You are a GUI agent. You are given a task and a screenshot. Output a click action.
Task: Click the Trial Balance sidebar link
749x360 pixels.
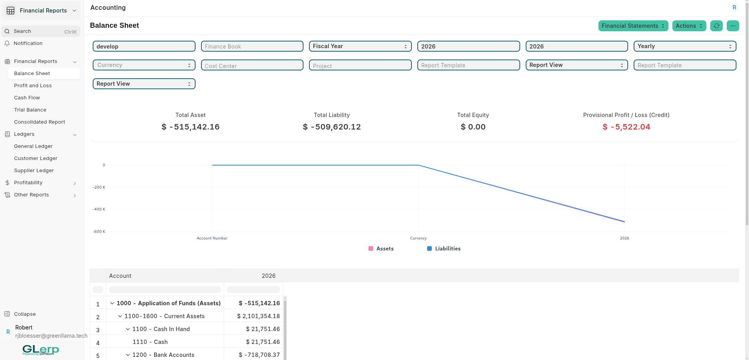pos(30,110)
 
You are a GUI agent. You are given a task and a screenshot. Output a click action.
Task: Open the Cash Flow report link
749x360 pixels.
pos(27,98)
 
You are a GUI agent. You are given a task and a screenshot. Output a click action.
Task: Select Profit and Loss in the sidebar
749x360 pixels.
pos(33,86)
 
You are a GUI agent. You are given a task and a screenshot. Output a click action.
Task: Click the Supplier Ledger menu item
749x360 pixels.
pos(34,171)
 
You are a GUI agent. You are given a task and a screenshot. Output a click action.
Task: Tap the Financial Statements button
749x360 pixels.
pos(633,26)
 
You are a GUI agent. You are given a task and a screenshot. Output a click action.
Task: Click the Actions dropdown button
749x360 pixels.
pos(689,26)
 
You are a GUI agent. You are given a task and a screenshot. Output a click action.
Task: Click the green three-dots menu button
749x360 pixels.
pos(733,26)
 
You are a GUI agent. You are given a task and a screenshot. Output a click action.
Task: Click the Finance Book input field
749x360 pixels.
pos(252,47)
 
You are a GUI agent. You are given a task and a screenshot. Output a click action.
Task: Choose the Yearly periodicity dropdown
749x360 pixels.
pos(684,46)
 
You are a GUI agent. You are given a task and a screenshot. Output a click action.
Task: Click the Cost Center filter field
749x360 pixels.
pos(252,65)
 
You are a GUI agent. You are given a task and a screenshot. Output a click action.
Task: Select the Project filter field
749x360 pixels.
pos(360,65)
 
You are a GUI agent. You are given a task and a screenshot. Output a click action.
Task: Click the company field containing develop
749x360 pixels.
pos(144,47)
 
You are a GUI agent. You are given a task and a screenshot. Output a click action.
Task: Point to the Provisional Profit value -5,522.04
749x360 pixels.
pos(626,127)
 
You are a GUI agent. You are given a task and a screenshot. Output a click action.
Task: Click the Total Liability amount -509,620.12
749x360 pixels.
pos(332,127)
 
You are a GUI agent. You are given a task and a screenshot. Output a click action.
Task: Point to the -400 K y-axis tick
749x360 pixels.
pos(99,209)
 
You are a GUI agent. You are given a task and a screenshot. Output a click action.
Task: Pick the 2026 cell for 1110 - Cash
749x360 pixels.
pos(262,342)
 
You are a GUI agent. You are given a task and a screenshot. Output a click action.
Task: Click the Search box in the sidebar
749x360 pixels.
pos(41,31)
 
